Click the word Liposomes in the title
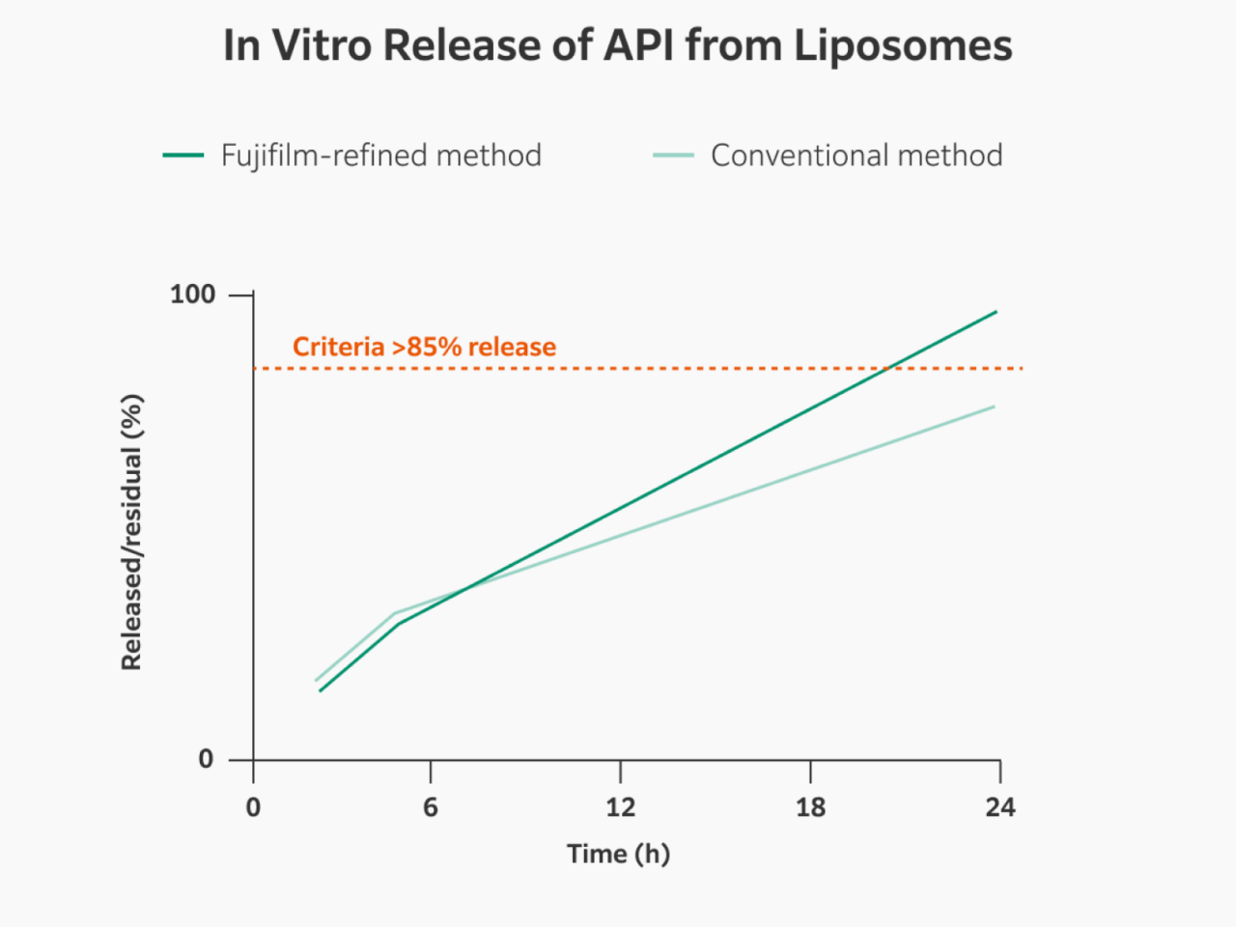(903, 46)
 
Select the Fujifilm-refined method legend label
(380, 155)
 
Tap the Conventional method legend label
(857, 155)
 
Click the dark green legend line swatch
(183, 155)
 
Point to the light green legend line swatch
(673, 155)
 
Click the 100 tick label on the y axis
(192, 295)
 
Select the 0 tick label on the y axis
(206, 759)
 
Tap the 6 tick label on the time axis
(431, 807)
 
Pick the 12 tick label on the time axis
(620, 807)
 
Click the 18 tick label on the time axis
(810, 807)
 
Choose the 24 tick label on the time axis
(1000, 807)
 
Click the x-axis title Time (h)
(618, 854)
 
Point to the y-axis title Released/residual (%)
(131, 531)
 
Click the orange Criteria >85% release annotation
(424, 347)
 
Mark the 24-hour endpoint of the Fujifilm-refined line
(996, 312)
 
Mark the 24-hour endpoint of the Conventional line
(994, 407)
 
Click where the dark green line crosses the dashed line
(886, 368)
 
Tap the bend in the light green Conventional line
(396, 613)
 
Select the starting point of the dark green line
(320, 690)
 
